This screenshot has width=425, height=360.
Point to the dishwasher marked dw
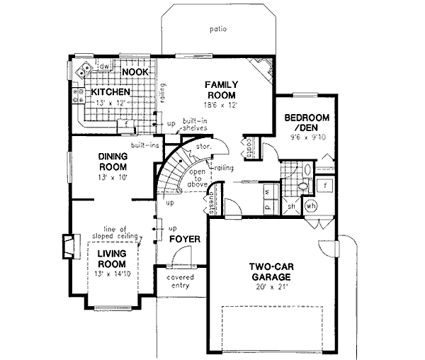103,67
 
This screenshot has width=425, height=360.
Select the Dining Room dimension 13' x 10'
112,178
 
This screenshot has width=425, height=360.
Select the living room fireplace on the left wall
67,246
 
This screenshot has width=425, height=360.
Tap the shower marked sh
291,207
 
